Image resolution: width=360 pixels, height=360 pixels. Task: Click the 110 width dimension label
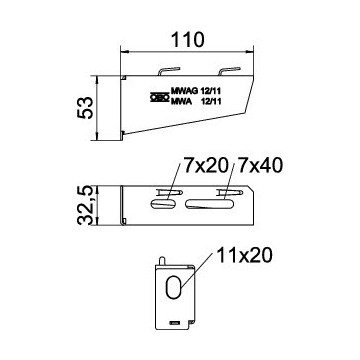[x=187, y=40]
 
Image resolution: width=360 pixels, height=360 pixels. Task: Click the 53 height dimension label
[x=85, y=108]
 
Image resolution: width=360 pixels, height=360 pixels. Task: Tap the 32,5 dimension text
[x=85, y=206]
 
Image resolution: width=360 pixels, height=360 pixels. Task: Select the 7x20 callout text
[x=206, y=166]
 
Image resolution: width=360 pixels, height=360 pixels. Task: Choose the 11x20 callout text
[x=245, y=256]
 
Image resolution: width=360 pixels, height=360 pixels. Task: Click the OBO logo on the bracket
[x=159, y=97]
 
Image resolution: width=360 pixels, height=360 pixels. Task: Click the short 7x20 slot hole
[x=163, y=204]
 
